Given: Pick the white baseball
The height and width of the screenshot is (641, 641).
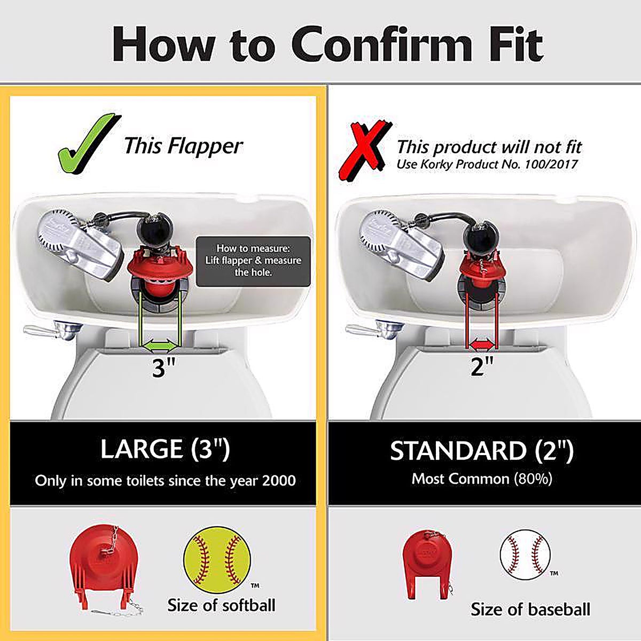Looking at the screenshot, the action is click(x=525, y=555).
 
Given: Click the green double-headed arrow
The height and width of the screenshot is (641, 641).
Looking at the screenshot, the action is click(x=161, y=346).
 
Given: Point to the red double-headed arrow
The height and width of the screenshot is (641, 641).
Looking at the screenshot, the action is click(x=481, y=345).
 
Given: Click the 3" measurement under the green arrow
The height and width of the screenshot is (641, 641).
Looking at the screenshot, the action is click(x=163, y=368).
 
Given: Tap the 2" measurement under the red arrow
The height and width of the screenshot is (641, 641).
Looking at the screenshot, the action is click(x=482, y=366).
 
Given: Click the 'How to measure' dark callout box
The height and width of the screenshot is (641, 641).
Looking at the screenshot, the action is click(x=253, y=261).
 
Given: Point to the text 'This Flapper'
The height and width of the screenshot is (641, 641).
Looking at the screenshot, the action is click(x=184, y=146).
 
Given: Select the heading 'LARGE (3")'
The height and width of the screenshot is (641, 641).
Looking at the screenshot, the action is click(x=165, y=449).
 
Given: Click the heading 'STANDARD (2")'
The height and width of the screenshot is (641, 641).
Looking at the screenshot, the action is click(x=482, y=451).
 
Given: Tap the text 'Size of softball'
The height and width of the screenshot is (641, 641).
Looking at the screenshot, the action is click(x=221, y=605).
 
